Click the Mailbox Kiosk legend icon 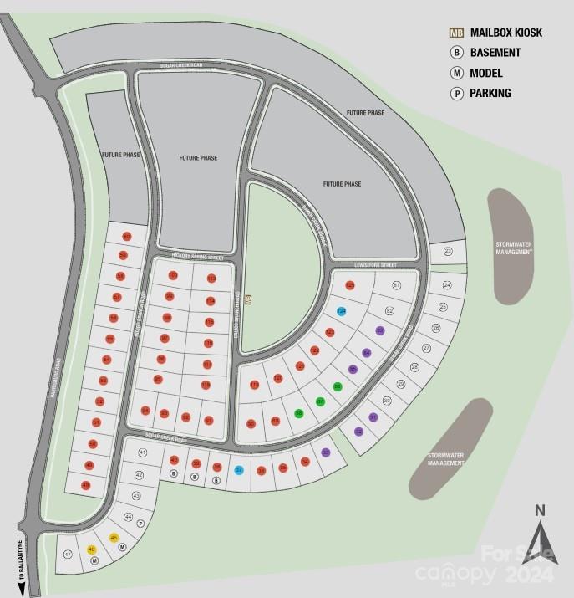tap(456, 33)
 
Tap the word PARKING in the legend tap(490, 94)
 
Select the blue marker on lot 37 tap(239, 470)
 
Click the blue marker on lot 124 tap(342, 311)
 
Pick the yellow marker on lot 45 tap(114, 538)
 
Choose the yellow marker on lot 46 tap(92, 549)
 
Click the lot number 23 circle tap(448, 251)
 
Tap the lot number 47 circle tap(68, 554)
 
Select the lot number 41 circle tap(143, 452)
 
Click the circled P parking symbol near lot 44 tap(140, 524)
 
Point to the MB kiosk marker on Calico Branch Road tap(247, 298)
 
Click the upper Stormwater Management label tap(513, 248)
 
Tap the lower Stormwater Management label tap(445, 459)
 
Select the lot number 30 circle tap(387, 401)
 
